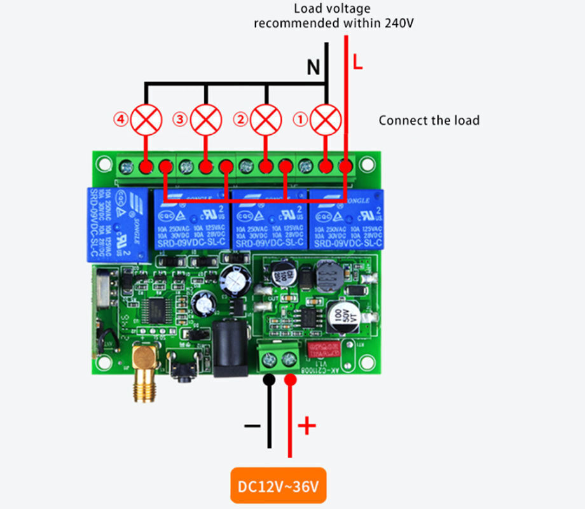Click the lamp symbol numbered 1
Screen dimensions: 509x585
(x=326, y=119)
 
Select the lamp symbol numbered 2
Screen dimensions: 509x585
(x=265, y=119)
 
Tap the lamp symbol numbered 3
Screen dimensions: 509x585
(x=206, y=119)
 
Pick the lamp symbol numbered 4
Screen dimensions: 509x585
(x=146, y=119)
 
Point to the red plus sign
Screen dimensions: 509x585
(x=306, y=426)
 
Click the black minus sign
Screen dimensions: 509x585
(x=252, y=426)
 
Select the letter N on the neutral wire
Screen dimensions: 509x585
(x=313, y=67)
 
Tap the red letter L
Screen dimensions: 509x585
(x=357, y=64)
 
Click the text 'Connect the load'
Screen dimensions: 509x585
(x=429, y=120)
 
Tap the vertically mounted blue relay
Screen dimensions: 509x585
(x=118, y=224)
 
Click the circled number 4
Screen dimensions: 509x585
(x=120, y=119)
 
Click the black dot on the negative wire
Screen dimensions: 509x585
(x=269, y=380)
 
